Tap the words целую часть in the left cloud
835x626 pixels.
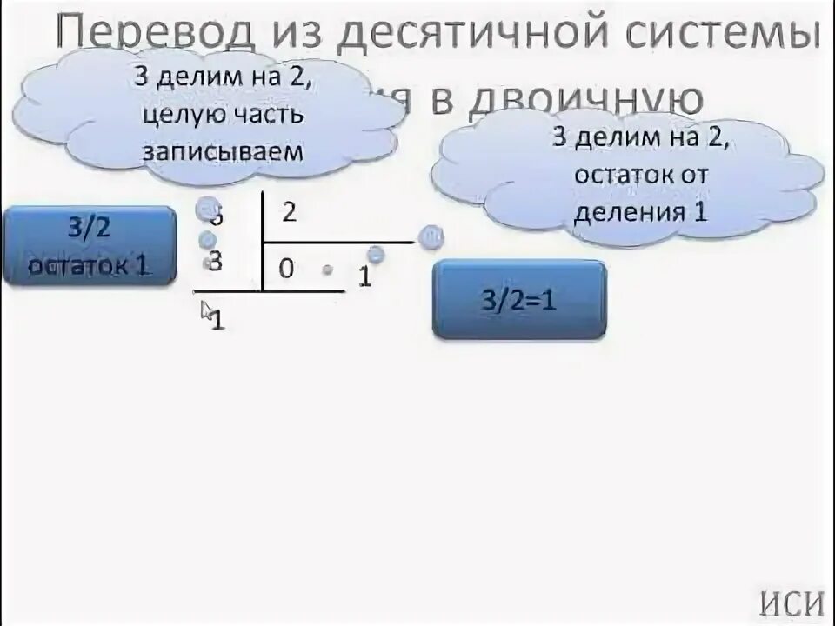(x=224, y=113)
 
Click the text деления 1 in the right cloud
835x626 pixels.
(x=639, y=211)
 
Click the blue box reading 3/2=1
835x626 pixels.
(x=518, y=300)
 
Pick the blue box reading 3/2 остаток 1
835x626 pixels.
(x=89, y=247)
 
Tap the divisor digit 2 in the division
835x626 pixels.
(x=289, y=212)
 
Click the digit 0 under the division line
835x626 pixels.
(x=286, y=270)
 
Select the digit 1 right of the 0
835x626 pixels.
(x=364, y=276)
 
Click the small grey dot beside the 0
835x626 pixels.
(x=327, y=270)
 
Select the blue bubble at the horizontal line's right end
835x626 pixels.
(x=429, y=237)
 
